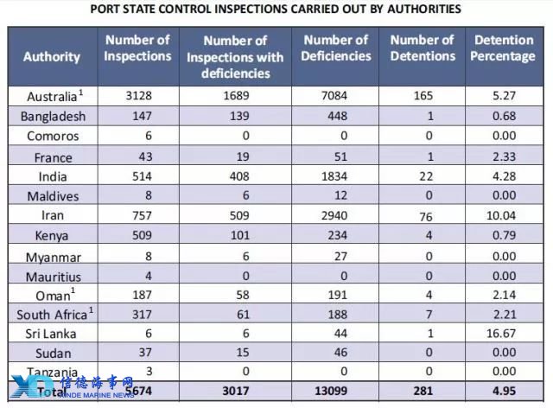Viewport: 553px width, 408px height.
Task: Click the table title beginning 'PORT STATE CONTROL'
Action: (x=276, y=10)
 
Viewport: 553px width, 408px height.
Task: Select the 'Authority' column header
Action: (x=52, y=57)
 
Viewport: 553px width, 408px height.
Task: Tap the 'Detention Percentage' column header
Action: (x=505, y=48)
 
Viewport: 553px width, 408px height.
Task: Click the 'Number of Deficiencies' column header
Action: (x=335, y=48)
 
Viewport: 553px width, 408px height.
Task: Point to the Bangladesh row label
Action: (x=53, y=117)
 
